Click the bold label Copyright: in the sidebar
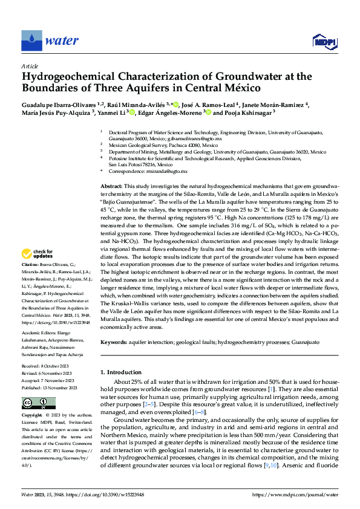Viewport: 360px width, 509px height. [32, 416]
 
